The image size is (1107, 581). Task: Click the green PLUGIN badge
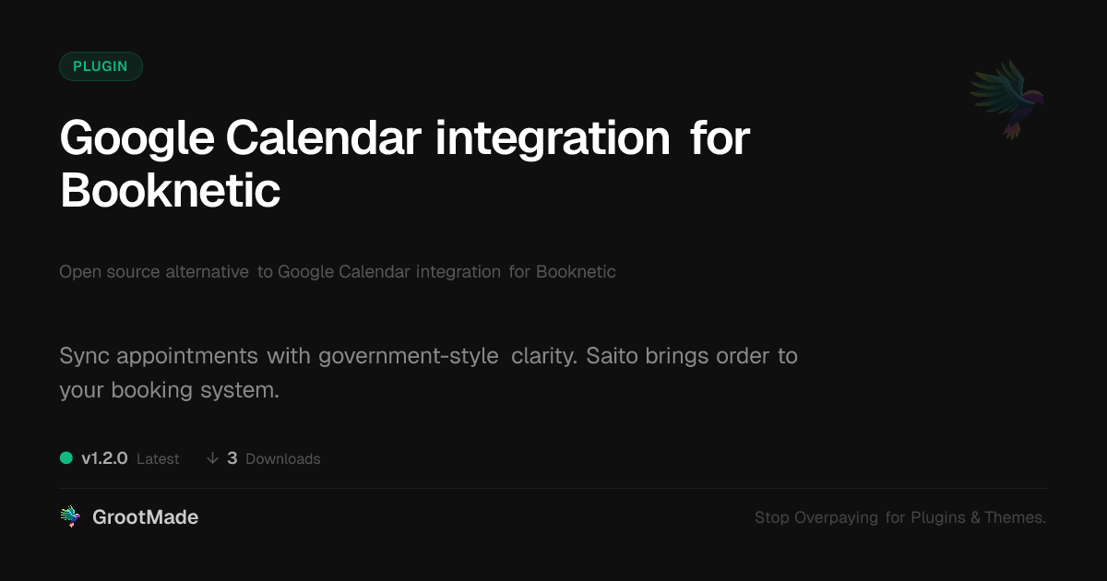coord(101,66)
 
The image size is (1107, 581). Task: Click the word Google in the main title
coord(137,140)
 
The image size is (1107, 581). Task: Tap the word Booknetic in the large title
coord(171,190)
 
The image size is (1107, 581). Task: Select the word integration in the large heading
coord(553,140)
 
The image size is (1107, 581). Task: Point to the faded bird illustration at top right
coord(1007,100)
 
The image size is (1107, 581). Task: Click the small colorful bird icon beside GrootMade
coord(70,516)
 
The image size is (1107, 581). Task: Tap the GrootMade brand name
coord(146,517)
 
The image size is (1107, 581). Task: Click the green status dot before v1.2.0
coord(66,458)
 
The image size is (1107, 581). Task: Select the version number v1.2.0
coord(105,458)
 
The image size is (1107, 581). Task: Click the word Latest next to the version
coord(158,459)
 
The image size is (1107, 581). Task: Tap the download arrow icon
coord(212,458)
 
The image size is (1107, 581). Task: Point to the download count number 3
coord(232,458)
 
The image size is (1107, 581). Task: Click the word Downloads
coord(282,459)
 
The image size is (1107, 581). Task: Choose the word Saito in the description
coord(612,356)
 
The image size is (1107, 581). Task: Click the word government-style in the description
coord(408,357)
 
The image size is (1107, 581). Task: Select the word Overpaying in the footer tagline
coord(836,517)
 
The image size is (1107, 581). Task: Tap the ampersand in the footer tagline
coord(975,517)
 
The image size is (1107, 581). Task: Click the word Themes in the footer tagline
coord(1013,517)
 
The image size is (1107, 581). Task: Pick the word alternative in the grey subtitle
coord(207,272)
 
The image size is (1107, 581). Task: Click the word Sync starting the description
coord(85,357)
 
